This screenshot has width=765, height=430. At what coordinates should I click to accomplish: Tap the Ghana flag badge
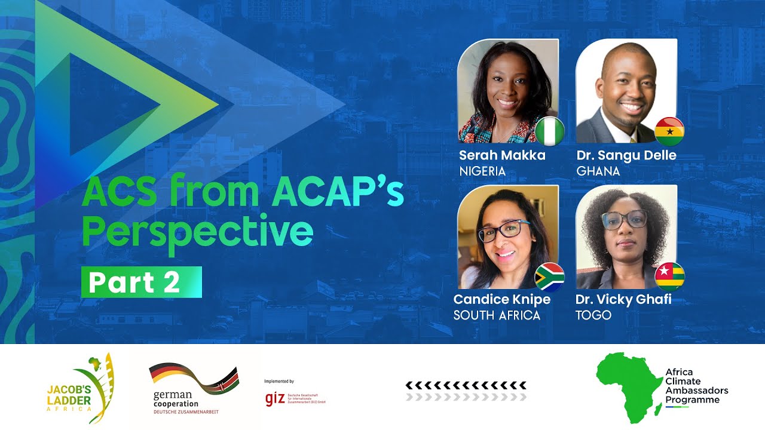pos(669,131)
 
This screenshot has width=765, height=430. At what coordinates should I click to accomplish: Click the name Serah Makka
pos(502,156)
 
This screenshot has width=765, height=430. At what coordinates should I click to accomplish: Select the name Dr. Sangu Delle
pos(626,156)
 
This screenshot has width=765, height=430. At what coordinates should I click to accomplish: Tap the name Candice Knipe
pos(502,299)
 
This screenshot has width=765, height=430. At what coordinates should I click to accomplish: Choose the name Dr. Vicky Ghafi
pos(623,299)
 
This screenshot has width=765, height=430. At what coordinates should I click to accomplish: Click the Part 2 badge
pos(142,282)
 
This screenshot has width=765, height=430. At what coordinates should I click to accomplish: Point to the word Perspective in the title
pos(197,231)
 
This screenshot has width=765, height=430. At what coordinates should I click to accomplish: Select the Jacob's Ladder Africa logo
pos(81,388)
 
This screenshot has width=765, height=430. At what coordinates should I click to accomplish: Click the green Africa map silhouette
pos(628,385)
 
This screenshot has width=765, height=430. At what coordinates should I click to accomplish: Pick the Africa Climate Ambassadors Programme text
pos(697,386)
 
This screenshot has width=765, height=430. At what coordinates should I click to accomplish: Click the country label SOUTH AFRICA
pos(497,315)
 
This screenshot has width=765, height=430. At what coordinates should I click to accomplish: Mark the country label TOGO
pos(593,315)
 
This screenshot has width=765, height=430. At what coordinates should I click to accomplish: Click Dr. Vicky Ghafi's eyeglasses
pos(624,220)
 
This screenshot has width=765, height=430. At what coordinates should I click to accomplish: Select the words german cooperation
pos(173,400)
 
